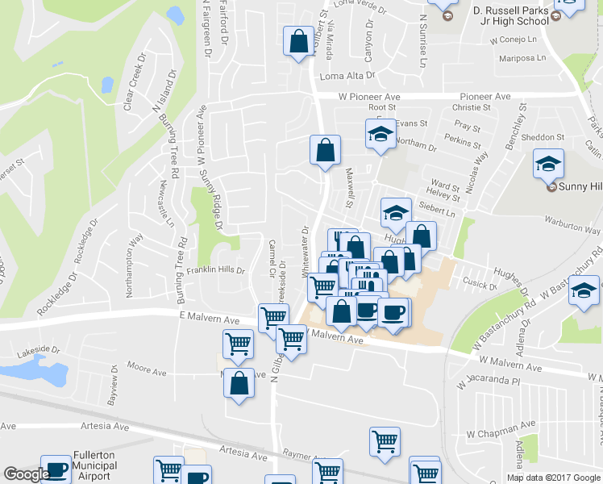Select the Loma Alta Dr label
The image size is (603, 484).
pos(348,76)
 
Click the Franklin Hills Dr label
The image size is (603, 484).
pos(215,270)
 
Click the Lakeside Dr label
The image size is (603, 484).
pos(39,350)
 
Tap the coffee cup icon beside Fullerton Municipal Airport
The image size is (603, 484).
pos(56,470)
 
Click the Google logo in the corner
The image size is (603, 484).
pos(27,475)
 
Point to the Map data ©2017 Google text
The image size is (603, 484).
pos(554,478)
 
